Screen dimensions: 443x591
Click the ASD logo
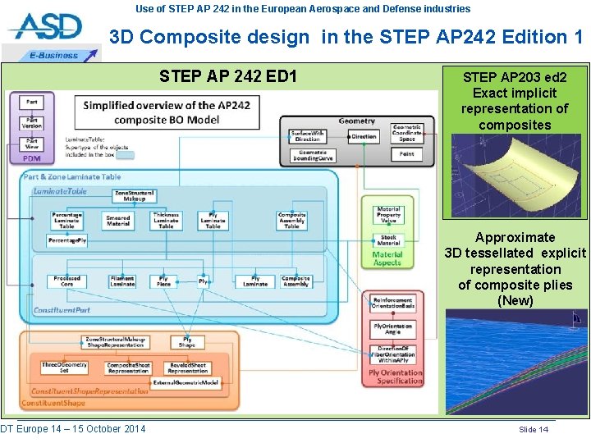[x=47, y=29]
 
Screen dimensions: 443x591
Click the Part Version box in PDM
[x=31, y=123]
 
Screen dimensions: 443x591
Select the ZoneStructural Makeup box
[x=135, y=195]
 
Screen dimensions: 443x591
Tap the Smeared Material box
[x=118, y=220]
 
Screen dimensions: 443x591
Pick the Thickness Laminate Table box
[x=166, y=220]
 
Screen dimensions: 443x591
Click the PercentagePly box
[x=67, y=241]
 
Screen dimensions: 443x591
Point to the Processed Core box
[x=67, y=281]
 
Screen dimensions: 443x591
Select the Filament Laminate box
[x=122, y=281]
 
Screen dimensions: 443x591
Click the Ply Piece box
[x=163, y=281]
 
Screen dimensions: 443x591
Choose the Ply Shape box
[x=187, y=341]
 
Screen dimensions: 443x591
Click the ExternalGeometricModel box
[x=186, y=382]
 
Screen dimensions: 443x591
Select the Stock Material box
[x=388, y=240]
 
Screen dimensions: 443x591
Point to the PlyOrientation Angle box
[x=392, y=329]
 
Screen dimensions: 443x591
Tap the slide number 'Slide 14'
[x=534, y=429]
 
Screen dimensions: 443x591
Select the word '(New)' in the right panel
[x=515, y=300]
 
